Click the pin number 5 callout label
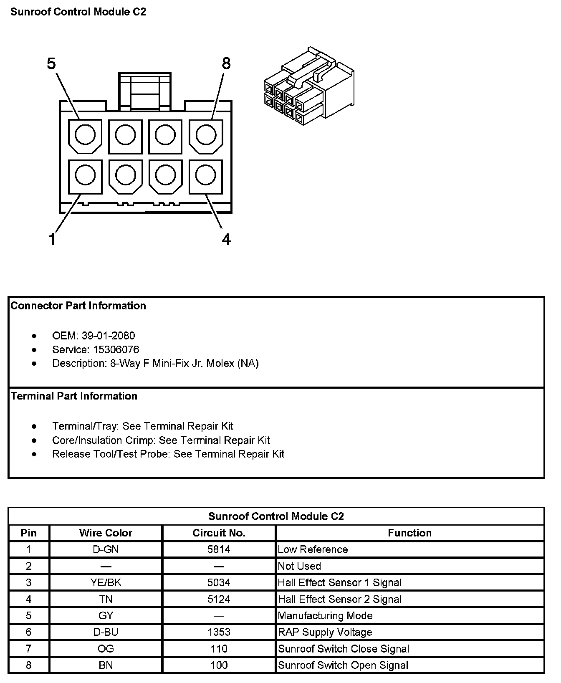51,64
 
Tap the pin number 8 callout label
226,64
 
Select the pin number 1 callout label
52,240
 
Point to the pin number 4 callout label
226,240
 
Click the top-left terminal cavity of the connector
85,135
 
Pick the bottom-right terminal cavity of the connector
205,175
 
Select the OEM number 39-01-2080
108,336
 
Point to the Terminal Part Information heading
74,396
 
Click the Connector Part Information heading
78,306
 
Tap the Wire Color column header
106,533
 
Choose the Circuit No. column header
219,533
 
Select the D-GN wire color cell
106,549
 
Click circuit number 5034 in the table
219,582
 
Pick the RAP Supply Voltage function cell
325,632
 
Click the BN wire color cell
106,665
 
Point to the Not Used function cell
299,566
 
